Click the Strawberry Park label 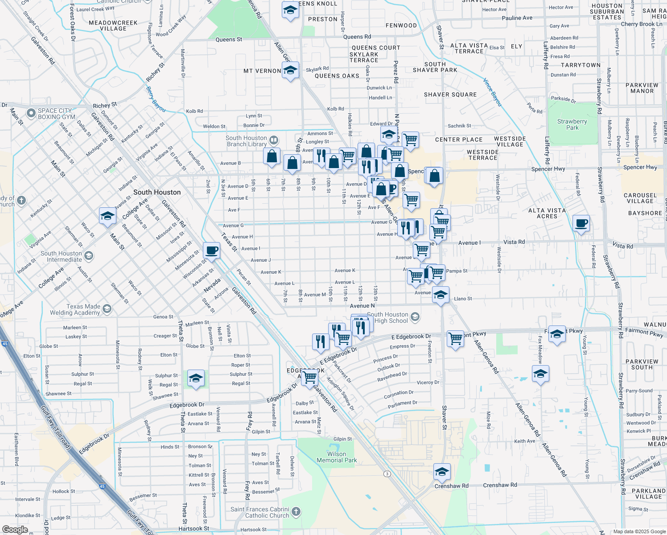(572, 124)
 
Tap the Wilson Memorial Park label (337, 457)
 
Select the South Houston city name (157, 192)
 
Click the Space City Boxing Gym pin (31, 113)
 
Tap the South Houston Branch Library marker (274, 140)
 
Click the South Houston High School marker (415, 317)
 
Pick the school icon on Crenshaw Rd (441, 472)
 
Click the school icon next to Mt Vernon (290, 70)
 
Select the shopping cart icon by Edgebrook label (309, 377)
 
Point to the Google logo (15, 530)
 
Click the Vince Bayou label (493, 92)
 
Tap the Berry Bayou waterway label (156, 99)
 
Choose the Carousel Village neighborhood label (640, 198)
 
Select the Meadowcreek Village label (113, 25)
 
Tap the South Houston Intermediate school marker (89, 256)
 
